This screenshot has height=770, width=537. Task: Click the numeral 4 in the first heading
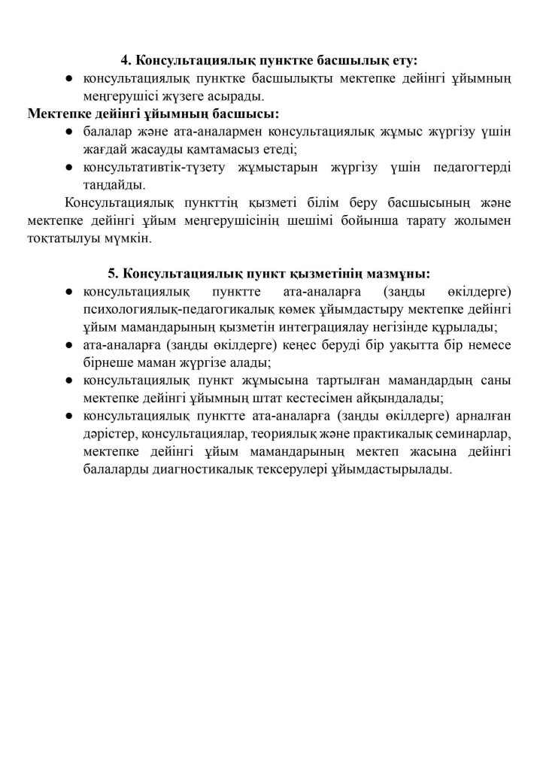(x=125, y=60)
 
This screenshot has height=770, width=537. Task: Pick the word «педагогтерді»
(x=472, y=168)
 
